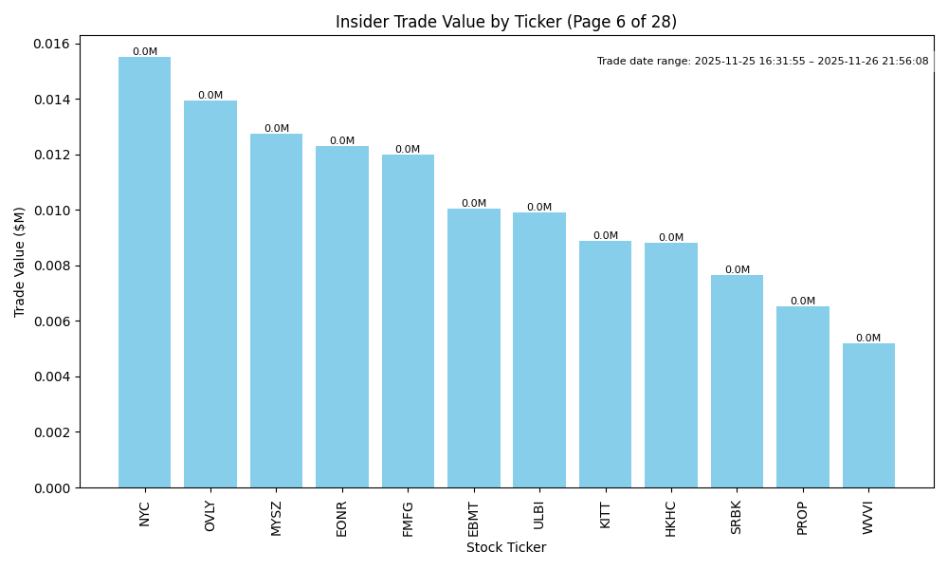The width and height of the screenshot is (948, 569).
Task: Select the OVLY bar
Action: pyautogui.click(x=210, y=294)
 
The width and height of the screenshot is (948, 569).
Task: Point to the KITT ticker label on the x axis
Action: pyautogui.click(x=606, y=515)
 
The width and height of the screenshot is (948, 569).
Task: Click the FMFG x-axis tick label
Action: pyautogui.click(x=408, y=518)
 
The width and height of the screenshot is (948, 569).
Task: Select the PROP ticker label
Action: pyautogui.click(x=803, y=518)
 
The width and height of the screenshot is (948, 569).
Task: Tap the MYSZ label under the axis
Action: pyautogui.click(x=276, y=518)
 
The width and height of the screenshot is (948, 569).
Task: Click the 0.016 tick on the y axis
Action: pyautogui.click(x=51, y=45)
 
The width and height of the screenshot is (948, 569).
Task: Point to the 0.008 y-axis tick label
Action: pyautogui.click(x=51, y=266)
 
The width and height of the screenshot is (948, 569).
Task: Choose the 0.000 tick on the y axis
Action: pyautogui.click(x=51, y=488)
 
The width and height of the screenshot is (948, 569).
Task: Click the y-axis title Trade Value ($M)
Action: pyautogui.click(x=20, y=262)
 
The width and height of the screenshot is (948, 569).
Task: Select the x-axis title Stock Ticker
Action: pyautogui.click(x=506, y=548)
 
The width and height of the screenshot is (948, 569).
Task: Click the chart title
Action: pyautogui.click(x=506, y=22)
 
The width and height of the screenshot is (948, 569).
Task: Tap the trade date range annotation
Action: pyautogui.click(x=762, y=62)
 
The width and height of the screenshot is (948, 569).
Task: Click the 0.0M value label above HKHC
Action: pyautogui.click(x=671, y=238)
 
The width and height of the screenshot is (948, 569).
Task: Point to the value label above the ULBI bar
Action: pyautogui.click(x=539, y=208)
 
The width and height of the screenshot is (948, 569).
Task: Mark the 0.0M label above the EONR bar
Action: pyautogui.click(x=342, y=141)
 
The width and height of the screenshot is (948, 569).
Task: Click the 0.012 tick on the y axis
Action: pyautogui.click(x=51, y=156)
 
